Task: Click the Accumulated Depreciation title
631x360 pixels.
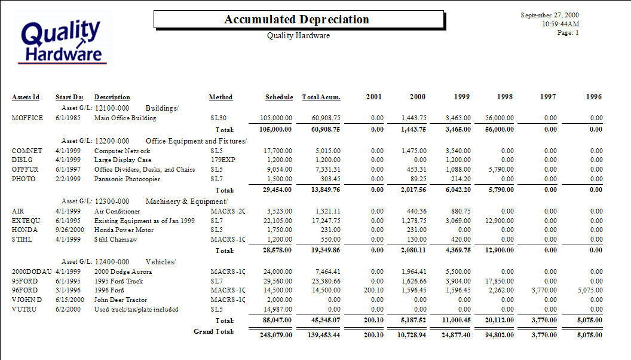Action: click(x=296, y=19)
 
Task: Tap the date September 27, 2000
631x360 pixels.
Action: click(x=550, y=15)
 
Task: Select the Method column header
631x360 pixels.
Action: click(x=220, y=97)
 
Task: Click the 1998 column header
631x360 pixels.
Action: click(x=505, y=97)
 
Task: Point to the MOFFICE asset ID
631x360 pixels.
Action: click(x=27, y=118)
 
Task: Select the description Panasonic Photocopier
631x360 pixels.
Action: click(x=127, y=179)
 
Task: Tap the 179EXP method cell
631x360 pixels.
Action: click(x=223, y=160)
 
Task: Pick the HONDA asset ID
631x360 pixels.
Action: click(x=24, y=230)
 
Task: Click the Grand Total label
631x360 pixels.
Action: click(x=214, y=331)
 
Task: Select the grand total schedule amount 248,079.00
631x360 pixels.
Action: click(x=275, y=335)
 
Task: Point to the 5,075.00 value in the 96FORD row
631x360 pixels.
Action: click(x=590, y=291)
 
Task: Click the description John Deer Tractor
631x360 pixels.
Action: click(x=121, y=300)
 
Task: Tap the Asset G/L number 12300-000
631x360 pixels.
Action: click(x=112, y=202)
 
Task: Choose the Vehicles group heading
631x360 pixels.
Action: click(x=161, y=262)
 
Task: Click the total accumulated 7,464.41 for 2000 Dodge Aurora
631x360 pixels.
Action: click(x=328, y=272)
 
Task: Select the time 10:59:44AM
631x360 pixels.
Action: click(x=560, y=24)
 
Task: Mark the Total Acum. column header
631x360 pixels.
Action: click(x=321, y=97)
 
